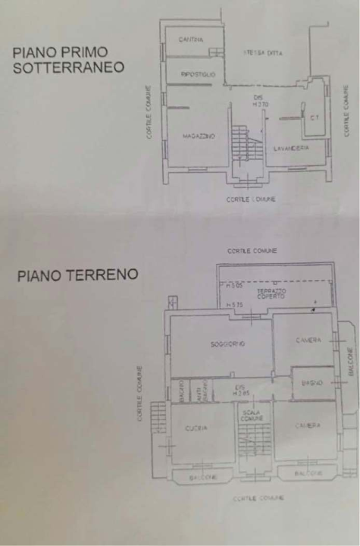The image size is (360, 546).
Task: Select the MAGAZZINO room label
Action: pyautogui.click(x=199, y=136)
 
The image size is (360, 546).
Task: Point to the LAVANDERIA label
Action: pyautogui.click(x=291, y=148)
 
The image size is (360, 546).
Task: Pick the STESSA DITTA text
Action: pyautogui.click(x=263, y=52)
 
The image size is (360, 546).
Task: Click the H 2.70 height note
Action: pyautogui.click(x=261, y=103)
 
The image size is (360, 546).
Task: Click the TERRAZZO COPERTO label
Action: pyautogui.click(x=270, y=293)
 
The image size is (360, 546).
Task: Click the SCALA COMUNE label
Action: pyautogui.click(x=252, y=416)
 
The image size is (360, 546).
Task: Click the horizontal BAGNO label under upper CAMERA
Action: pyautogui.click(x=311, y=383)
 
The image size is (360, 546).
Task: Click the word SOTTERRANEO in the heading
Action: pyautogui.click(x=68, y=67)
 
